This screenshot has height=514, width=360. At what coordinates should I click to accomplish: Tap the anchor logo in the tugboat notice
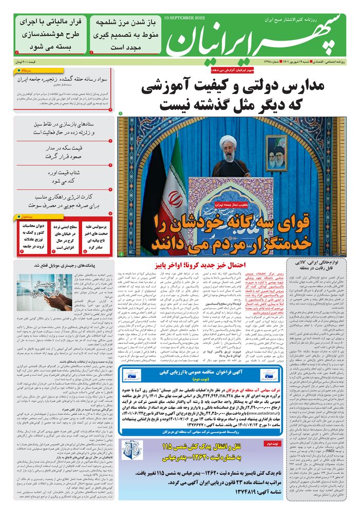tap(130, 449)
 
